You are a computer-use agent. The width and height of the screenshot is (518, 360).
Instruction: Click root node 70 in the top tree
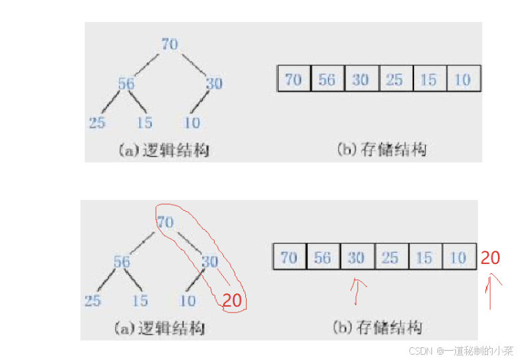click(x=170, y=44)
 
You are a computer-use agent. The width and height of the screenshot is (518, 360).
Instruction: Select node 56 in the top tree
click(x=126, y=84)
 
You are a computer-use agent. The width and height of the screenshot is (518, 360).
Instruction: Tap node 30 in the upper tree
click(x=213, y=84)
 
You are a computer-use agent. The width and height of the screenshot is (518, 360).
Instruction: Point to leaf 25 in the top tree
click(x=97, y=123)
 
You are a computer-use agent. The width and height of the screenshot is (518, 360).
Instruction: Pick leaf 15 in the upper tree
click(x=144, y=123)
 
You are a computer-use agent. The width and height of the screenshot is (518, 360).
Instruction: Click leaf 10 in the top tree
click(x=193, y=123)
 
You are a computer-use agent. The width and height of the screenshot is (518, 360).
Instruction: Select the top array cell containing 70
click(x=293, y=80)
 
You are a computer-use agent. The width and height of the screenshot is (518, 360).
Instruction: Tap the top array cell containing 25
click(x=395, y=80)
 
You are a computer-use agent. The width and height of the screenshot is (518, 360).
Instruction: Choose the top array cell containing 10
click(x=463, y=80)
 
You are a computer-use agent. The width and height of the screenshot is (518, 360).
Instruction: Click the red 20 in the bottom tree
click(x=232, y=301)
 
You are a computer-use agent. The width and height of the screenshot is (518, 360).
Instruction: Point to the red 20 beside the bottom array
click(x=490, y=258)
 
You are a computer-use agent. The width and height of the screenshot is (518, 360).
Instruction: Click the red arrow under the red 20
click(x=492, y=293)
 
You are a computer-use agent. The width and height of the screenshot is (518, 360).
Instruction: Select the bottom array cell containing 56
click(x=323, y=257)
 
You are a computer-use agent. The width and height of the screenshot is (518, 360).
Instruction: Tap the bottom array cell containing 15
click(x=424, y=257)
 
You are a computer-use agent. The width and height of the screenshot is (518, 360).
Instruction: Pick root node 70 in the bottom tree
click(x=165, y=221)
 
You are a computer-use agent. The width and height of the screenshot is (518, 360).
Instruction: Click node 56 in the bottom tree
click(x=121, y=262)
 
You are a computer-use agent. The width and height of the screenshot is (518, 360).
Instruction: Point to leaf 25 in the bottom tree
click(x=93, y=301)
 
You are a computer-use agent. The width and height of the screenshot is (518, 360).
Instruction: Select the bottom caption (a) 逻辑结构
click(x=160, y=329)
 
